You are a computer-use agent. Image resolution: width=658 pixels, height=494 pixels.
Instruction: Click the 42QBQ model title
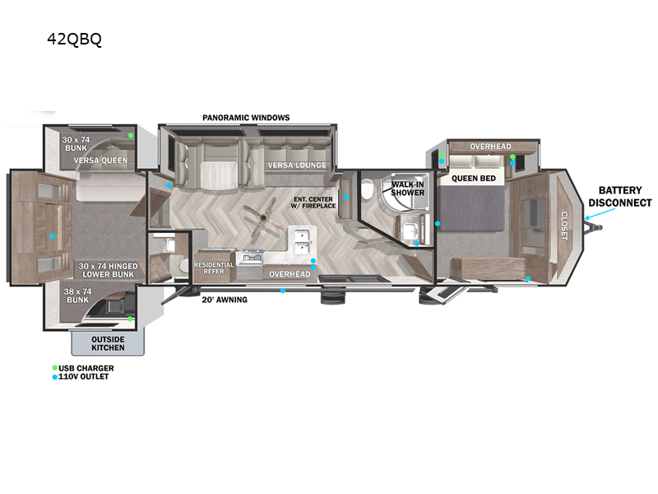tap(74, 39)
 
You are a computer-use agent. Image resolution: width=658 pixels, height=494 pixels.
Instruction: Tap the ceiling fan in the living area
tap(263, 217)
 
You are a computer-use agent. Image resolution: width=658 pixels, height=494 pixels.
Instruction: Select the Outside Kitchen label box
tap(108, 343)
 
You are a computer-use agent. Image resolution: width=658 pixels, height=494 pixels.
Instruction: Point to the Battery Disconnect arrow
tap(600, 214)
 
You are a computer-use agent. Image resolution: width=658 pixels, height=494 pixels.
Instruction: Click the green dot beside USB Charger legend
tap(54, 368)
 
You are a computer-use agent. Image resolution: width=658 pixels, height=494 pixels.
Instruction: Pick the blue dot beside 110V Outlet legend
tap(54, 377)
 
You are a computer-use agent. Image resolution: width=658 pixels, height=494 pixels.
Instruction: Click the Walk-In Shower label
tap(407, 189)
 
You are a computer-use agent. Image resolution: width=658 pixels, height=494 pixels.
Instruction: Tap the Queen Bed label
tap(474, 179)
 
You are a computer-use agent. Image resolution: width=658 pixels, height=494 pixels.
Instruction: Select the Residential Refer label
tap(214, 268)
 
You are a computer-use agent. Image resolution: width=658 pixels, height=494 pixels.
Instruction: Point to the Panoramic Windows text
tap(246, 118)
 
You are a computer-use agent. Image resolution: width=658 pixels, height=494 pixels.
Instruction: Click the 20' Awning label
tap(225, 300)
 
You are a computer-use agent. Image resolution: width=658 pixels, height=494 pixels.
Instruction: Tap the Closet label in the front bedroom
tap(564, 226)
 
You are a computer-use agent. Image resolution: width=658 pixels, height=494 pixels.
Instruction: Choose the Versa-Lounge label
tap(297, 165)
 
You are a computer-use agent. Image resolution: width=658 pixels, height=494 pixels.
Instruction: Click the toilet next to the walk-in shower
tap(367, 189)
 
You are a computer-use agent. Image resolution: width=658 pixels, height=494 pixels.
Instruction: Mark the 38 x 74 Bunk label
tap(77, 296)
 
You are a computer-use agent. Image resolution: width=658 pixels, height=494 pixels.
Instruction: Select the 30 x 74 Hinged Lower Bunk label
tap(108, 270)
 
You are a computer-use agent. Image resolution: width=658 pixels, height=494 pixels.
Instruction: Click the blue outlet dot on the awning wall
tap(283, 291)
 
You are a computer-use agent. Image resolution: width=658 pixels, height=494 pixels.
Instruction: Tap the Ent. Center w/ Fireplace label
tap(313, 203)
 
